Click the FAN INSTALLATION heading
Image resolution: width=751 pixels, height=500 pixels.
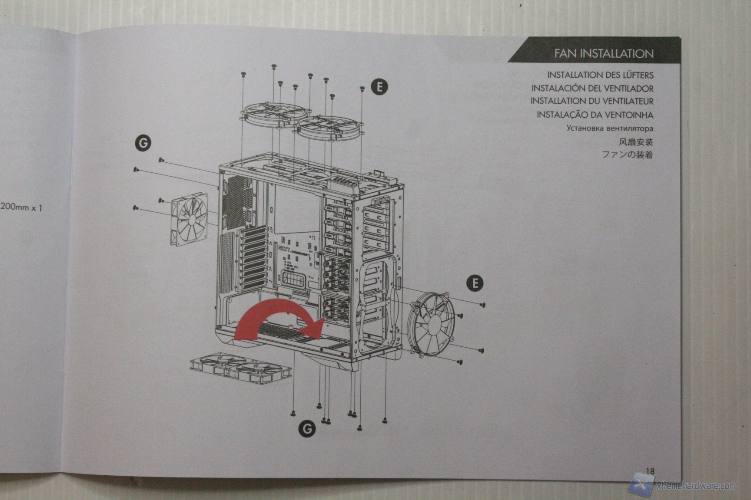coord(603,54)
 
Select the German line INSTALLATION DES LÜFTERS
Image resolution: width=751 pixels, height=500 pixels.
coord(600,75)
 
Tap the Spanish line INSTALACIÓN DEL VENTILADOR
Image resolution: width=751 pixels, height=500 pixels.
coord(592,88)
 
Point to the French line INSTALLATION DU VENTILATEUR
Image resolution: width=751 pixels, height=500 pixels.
coord(591,101)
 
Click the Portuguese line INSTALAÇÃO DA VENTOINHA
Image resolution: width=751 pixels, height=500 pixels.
coord(595,115)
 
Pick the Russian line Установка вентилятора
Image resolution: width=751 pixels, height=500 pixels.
coord(609,128)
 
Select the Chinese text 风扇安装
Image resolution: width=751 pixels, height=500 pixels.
coord(635,141)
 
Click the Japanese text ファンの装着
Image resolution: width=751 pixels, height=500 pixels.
coord(627,155)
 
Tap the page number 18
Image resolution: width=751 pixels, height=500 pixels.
coord(650,471)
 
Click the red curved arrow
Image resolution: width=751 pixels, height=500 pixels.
coord(278,319)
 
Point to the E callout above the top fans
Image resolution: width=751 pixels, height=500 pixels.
coord(379,87)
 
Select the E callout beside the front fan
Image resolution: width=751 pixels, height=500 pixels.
coord(475,283)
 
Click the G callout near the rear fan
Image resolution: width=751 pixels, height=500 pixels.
coord(143,142)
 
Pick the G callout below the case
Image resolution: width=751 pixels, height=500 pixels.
coord(307,429)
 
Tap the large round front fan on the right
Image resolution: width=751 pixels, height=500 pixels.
coord(431,322)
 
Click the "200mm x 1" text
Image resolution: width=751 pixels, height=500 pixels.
coord(21,207)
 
